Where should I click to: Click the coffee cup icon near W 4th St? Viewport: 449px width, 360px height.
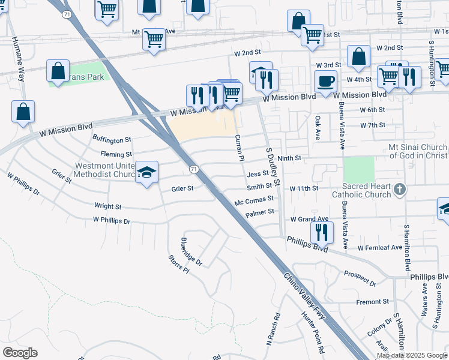point(325,82)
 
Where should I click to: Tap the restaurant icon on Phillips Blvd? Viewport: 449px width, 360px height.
point(322,231)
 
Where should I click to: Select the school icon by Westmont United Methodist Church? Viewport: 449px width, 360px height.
point(146,173)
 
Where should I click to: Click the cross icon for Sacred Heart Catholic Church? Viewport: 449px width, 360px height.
point(400,191)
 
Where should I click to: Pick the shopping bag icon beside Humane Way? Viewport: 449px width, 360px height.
point(23,112)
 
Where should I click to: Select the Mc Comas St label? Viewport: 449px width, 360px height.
point(255,199)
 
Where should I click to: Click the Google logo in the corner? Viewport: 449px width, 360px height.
point(20,353)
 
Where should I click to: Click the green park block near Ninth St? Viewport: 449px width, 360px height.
point(359,169)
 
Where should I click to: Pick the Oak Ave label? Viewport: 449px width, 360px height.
point(318,128)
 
